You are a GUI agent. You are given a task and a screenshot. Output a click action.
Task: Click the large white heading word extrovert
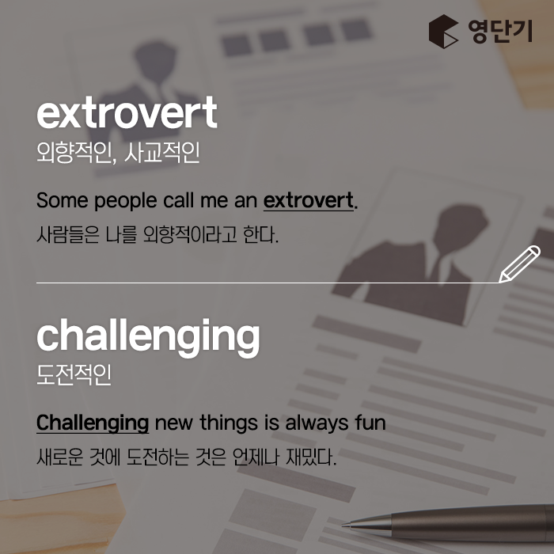click(127, 112)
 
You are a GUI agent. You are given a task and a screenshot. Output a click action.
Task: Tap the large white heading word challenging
click(149, 337)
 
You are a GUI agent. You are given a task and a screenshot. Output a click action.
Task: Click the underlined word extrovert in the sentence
click(308, 201)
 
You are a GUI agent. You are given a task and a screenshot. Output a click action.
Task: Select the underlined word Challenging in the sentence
click(93, 423)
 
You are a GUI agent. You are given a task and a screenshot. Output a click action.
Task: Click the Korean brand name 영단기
click(500, 32)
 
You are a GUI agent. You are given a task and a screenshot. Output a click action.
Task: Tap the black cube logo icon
click(443, 31)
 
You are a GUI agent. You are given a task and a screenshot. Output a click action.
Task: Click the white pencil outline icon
click(519, 264)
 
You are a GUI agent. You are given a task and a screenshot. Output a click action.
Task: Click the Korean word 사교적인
click(162, 153)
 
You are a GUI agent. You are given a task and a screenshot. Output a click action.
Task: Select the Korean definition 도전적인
click(74, 375)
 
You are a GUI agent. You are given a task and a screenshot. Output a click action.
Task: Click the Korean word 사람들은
click(68, 234)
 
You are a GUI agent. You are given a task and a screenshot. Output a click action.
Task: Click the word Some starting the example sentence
click(63, 200)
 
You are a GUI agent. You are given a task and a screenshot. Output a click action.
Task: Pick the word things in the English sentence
click(229, 423)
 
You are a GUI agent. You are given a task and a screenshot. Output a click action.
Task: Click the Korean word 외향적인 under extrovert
click(76, 153)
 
